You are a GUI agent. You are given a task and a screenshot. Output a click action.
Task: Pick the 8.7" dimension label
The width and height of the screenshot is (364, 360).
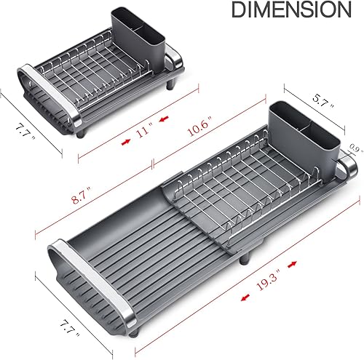click(x=76, y=193)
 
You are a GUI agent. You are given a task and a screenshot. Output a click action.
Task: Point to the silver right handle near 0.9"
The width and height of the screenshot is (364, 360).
click(x=349, y=169)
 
